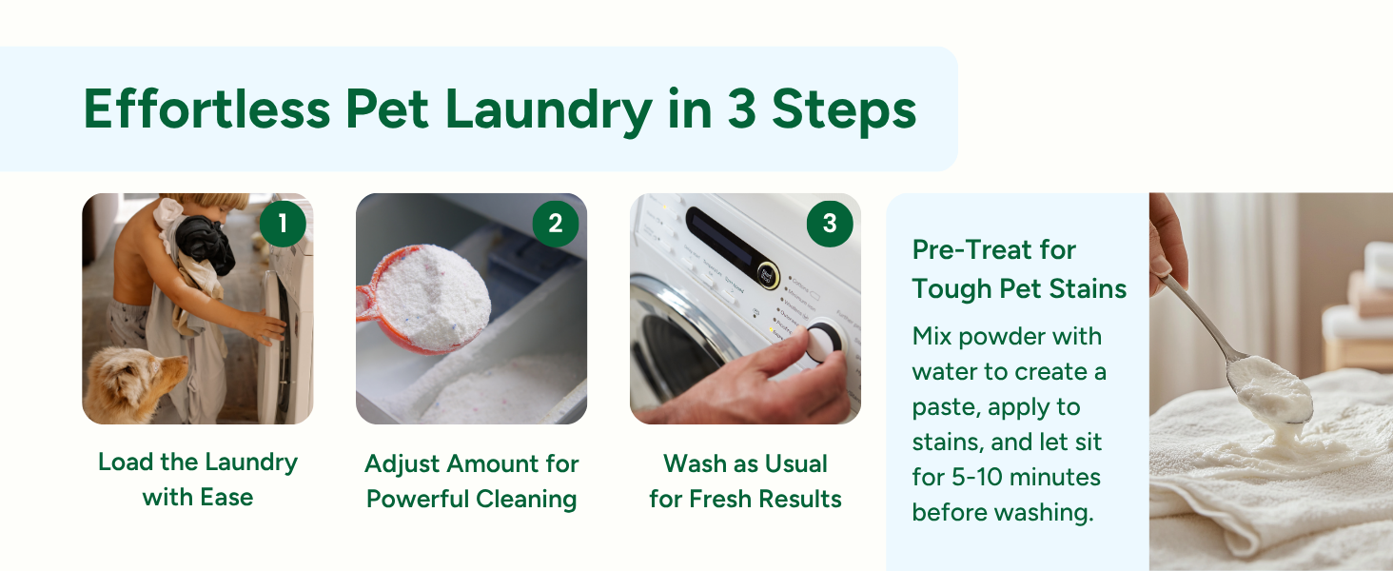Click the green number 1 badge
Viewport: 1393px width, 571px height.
pyautogui.click(x=282, y=224)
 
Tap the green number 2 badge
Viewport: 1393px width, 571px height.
pyautogui.click(x=556, y=224)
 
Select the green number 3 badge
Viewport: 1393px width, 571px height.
pyautogui.click(x=830, y=224)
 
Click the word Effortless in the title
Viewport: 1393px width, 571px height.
pyautogui.click(x=206, y=110)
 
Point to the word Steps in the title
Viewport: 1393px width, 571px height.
pyautogui.click(x=843, y=110)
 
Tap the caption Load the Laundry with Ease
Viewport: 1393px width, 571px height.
pyautogui.click(x=198, y=480)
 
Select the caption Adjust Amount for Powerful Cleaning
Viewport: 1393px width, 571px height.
pyautogui.click(x=472, y=481)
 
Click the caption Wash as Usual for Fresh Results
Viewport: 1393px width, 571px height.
pyautogui.click(x=745, y=481)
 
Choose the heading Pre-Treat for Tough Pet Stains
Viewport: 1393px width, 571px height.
pyautogui.click(x=1018, y=269)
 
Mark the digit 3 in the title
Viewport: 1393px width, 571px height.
pyautogui.click(x=742, y=110)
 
